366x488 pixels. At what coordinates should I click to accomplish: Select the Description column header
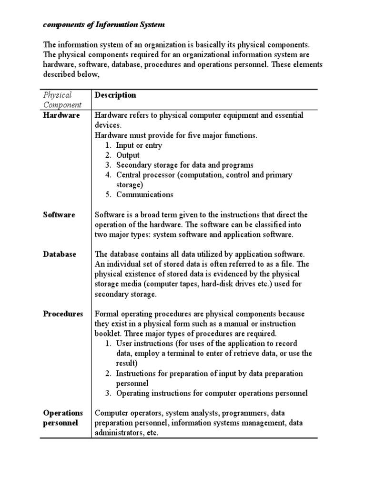pyautogui.click(x=115, y=95)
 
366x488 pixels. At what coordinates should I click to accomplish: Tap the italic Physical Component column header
pyautogui.click(x=62, y=100)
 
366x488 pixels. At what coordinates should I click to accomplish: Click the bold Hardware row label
pyautogui.click(x=61, y=115)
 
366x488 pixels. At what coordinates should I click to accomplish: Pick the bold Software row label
pyautogui.click(x=59, y=215)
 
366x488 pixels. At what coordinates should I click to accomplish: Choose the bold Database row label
pyautogui.click(x=60, y=254)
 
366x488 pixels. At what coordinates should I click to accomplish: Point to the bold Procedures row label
pyautogui.click(x=63, y=314)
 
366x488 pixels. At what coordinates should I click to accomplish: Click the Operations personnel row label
pyautogui.click(x=62, y=418)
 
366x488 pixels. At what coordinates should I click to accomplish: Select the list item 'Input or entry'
pyautogui.click(x=139, y=145)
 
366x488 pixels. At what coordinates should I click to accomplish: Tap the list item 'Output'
pyautogui.click(x=128, y=155)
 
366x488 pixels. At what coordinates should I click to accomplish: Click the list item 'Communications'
pyautogui.click(x=145, y=195)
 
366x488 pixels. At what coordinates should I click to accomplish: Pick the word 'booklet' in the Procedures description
pyautogui.click(x=108, y=334)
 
